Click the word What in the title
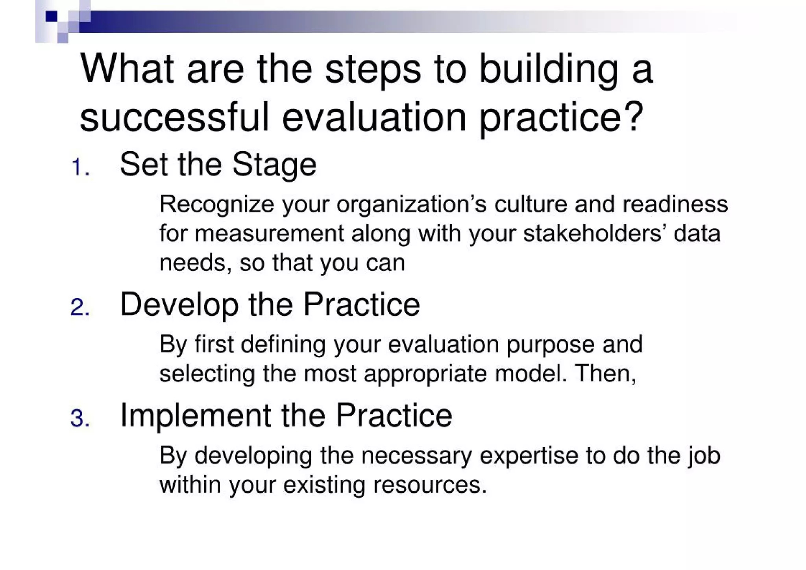[x=127, y=69]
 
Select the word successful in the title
[x=174, y=117]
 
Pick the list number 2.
[x=80, y=307]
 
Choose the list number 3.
[x=80, y=418]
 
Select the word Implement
[x=196, y=416]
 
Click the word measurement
[x=269, y=233]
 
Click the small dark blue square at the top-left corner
[x=51, y=17]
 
